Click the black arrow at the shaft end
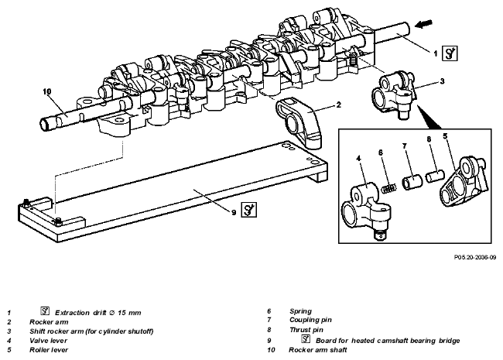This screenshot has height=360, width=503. click(423, 24)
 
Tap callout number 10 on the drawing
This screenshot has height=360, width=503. click(47, 91)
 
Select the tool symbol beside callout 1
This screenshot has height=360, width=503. click(450, 53)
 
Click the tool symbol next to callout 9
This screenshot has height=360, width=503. click(249, 210)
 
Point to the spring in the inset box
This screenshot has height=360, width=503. click(389, 188)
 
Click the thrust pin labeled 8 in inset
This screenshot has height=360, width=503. click(435, 177)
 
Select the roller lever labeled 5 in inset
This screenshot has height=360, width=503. click(464, 181)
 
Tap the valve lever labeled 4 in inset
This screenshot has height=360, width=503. click(368, 210)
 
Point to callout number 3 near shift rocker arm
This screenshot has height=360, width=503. click(443, 81)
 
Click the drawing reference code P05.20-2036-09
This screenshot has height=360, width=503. click(475, 257)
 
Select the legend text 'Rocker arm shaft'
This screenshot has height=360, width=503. click(317, 350)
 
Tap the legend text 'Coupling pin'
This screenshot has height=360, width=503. click(310, 320)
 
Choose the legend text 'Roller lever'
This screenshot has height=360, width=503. click(49, 350)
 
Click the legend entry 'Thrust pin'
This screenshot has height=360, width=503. click(306, 330)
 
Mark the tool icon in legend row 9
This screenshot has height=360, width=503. click(306, 339)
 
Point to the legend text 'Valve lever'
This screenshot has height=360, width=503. click(49, 341)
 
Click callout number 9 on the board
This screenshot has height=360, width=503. click(234, 212)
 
